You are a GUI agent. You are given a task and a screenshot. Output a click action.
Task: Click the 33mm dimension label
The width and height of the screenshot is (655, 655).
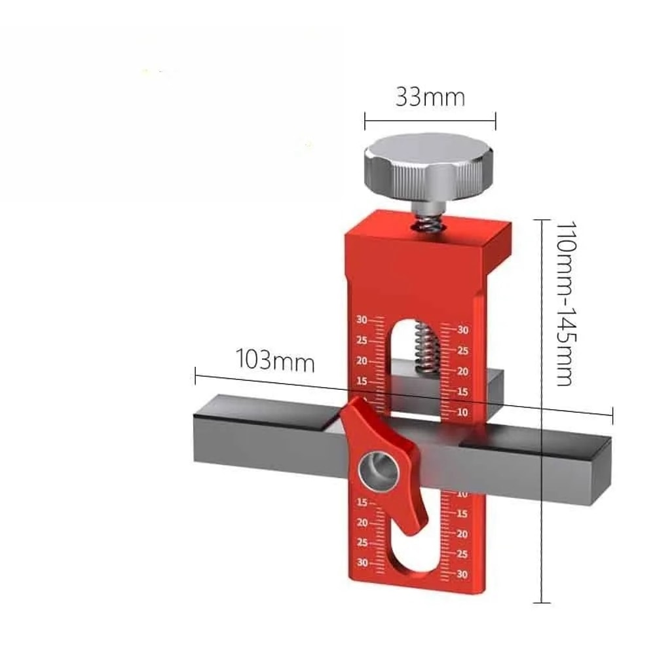[x=430, y=98]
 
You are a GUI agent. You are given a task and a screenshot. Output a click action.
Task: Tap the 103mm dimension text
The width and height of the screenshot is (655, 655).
[x=274, y=361]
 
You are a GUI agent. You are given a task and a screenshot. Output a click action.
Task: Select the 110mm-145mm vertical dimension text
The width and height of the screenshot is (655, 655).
[x=565, y=302]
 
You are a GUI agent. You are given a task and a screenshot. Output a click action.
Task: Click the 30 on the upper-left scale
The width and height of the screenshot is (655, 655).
[x=362, y=320]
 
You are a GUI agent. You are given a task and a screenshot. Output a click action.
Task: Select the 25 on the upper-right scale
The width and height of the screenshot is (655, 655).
[x=462, y=351]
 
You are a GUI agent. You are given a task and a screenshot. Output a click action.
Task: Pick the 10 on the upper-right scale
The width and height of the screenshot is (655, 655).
[x=462, y=412]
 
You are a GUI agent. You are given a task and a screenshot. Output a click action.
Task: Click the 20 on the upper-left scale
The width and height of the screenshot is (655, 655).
[x=362, y=361]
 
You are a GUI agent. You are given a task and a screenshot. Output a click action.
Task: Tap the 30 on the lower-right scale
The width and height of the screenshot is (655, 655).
[x=462, y=574]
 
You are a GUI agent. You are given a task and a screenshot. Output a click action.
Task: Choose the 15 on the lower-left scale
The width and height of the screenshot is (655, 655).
[x=362, y=503]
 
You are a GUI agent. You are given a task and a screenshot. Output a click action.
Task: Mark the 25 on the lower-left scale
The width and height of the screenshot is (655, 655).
[x=362, y=543]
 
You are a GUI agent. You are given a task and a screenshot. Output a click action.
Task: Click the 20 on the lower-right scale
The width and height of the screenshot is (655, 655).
[x=462, y=534]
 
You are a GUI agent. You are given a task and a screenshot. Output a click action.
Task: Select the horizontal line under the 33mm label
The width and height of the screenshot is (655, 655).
[x=430, y=120]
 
